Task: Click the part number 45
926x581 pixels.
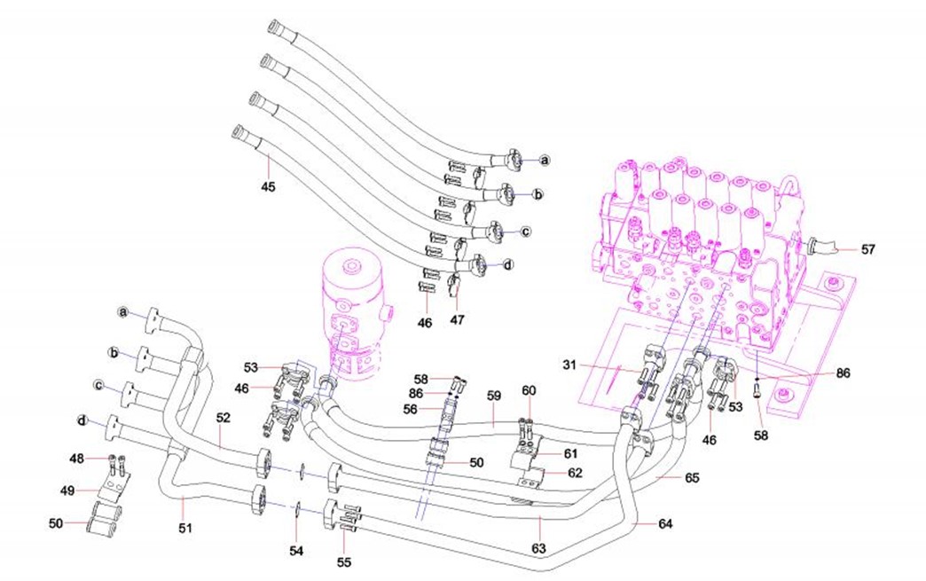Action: (268, 186)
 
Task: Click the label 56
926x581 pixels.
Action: (411, 409)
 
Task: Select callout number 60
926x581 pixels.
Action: (529, 390)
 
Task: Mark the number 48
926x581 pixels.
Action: (78, 458)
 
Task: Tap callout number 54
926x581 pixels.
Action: (296, 551)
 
